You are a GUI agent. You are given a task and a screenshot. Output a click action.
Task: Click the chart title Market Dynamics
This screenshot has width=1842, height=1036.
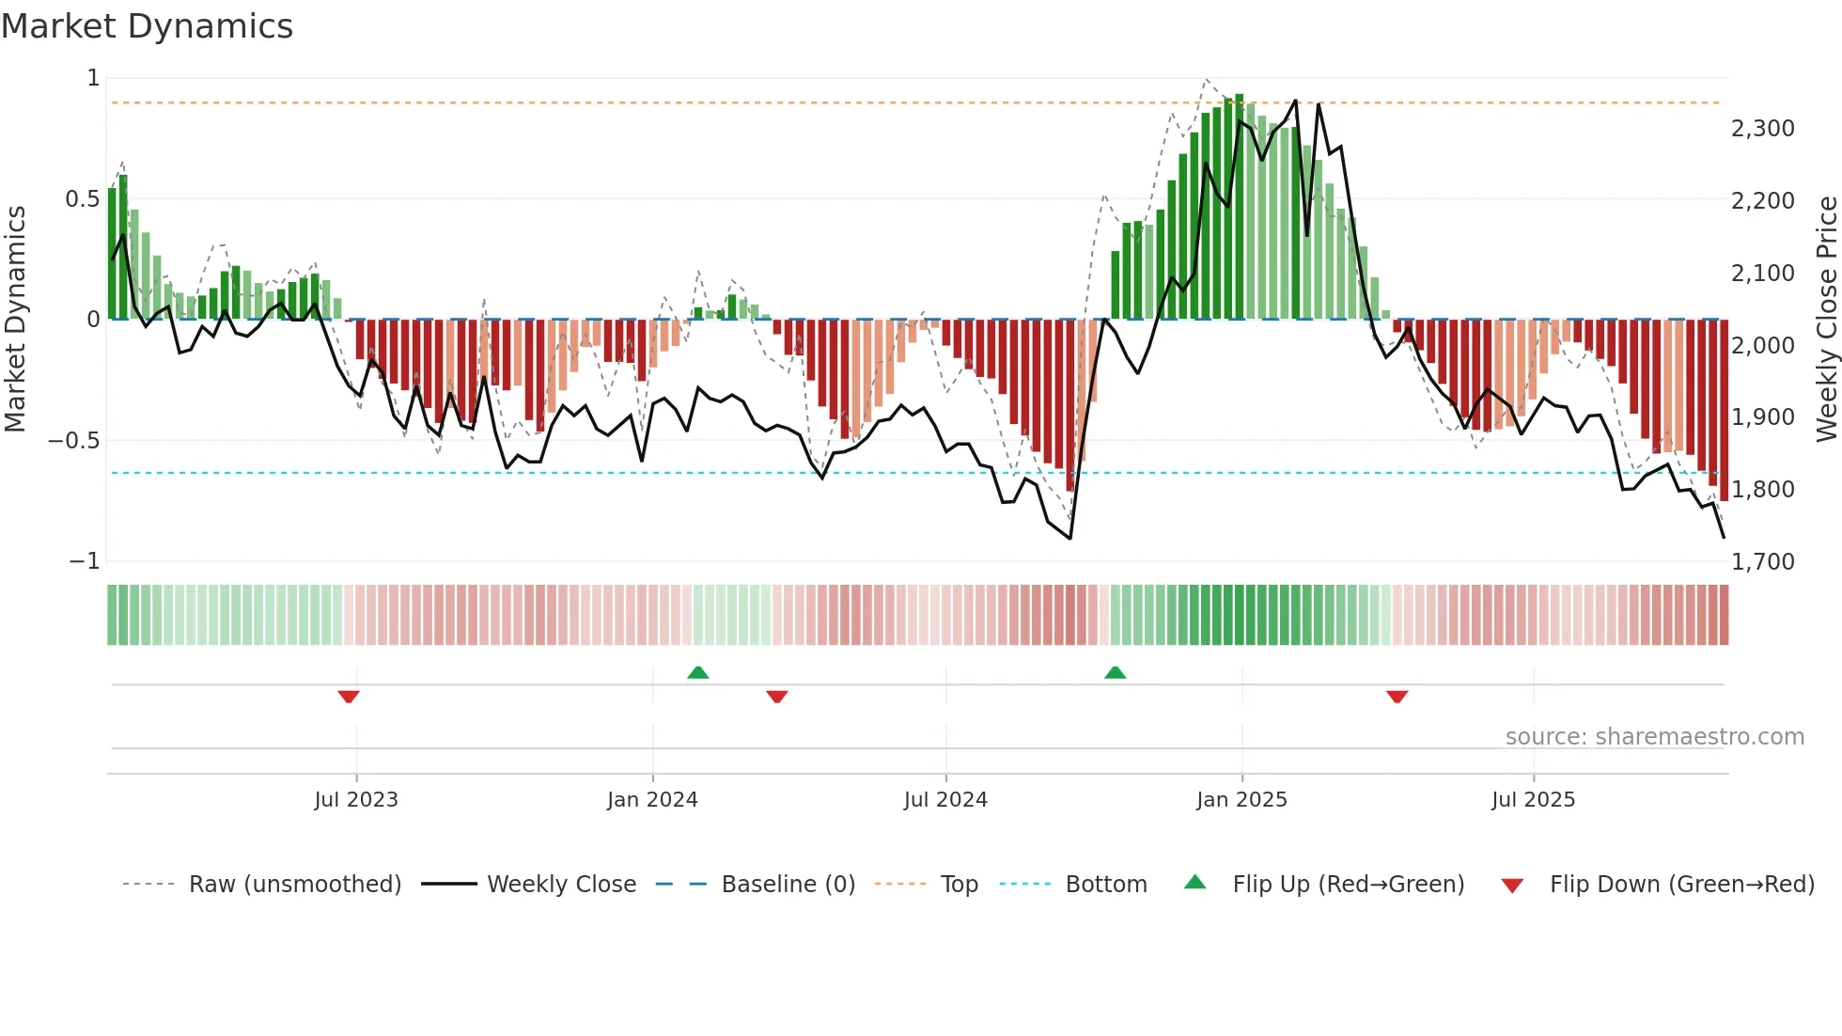coord(147,26)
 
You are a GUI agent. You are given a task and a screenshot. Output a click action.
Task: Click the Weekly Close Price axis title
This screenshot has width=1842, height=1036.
coord(1826,319)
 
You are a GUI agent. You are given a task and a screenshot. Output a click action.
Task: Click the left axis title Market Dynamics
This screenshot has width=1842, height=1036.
coord(15,319)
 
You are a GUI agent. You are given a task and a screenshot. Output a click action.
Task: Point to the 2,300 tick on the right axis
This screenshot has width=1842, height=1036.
coord(1762,129)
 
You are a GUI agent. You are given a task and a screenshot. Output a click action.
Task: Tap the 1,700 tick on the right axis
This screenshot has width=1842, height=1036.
coord(1762,562)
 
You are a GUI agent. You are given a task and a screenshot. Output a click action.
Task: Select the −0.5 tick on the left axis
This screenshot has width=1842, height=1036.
coord(73,441)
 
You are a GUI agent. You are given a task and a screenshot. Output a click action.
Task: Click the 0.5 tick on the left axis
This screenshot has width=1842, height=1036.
coord(81,199)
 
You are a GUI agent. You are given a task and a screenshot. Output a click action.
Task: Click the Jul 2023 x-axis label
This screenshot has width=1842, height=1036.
coord(356,800)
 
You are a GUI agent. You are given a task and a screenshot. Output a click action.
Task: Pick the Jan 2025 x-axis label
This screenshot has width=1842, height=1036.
coord(1241,800)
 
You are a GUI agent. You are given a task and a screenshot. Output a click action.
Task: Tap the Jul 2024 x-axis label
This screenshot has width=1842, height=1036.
coord(945,800)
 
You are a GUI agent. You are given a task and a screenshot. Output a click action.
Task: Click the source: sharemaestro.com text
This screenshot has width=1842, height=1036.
coord(1654,737)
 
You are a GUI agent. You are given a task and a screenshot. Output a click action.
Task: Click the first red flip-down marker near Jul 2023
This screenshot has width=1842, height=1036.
coord(349,697)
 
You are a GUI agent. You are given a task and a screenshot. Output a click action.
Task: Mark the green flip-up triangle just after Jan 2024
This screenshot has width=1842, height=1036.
coord(697,673)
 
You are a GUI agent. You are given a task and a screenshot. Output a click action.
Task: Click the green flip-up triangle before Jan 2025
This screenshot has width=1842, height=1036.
coord(1115,673)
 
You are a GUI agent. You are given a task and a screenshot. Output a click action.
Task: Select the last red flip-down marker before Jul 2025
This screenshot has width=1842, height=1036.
coord(1397,697)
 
